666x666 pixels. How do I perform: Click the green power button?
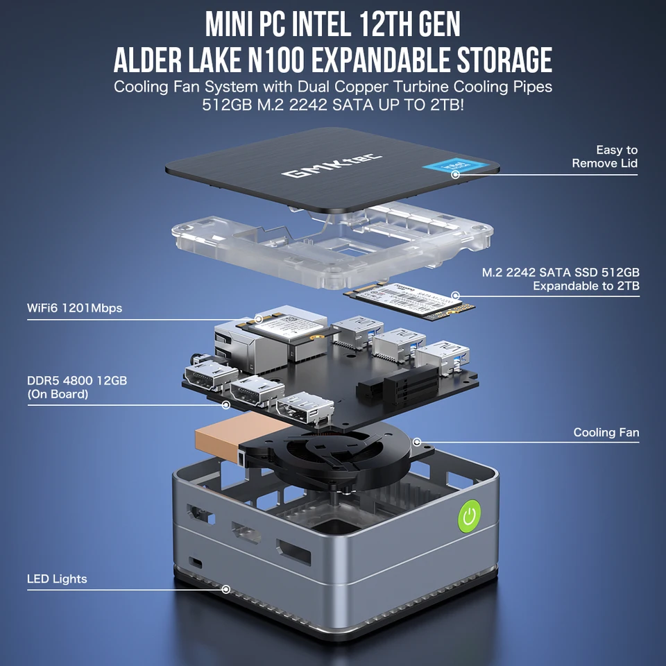(470, 516)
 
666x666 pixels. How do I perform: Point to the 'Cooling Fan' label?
(606, 432)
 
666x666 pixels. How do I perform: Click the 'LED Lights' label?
(57, 579)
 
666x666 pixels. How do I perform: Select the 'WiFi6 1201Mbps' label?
(74, 308)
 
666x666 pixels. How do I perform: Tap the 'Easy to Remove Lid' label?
(604, 157)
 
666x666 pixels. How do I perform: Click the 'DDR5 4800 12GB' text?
(76, 381)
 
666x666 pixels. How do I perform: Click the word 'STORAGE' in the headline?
(499, 61)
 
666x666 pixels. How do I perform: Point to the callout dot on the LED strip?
(225, 589)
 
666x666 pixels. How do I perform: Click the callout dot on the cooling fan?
(417, 441)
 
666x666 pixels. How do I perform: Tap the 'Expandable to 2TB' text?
(586, 286)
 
